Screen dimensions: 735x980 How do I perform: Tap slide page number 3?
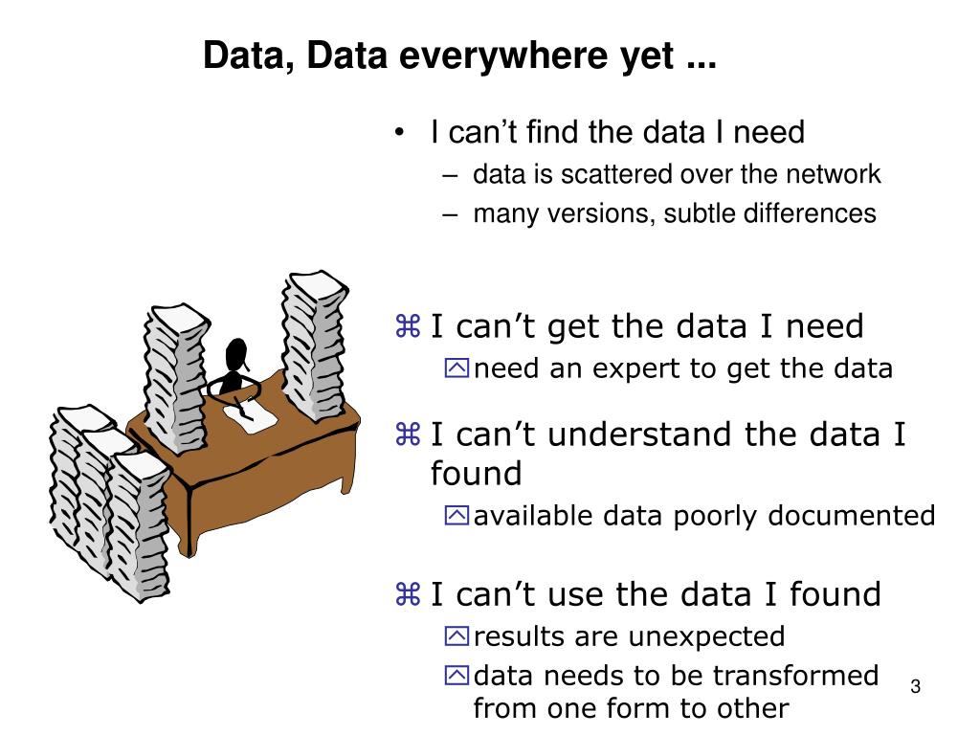(915, 687)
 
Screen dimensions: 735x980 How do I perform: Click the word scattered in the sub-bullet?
(618, 175)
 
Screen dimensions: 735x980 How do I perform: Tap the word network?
(834, 175)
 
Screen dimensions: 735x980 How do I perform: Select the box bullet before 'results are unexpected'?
(457, 636)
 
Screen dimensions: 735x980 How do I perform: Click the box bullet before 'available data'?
(457, 516)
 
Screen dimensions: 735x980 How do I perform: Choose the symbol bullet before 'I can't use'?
(408, 595)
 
